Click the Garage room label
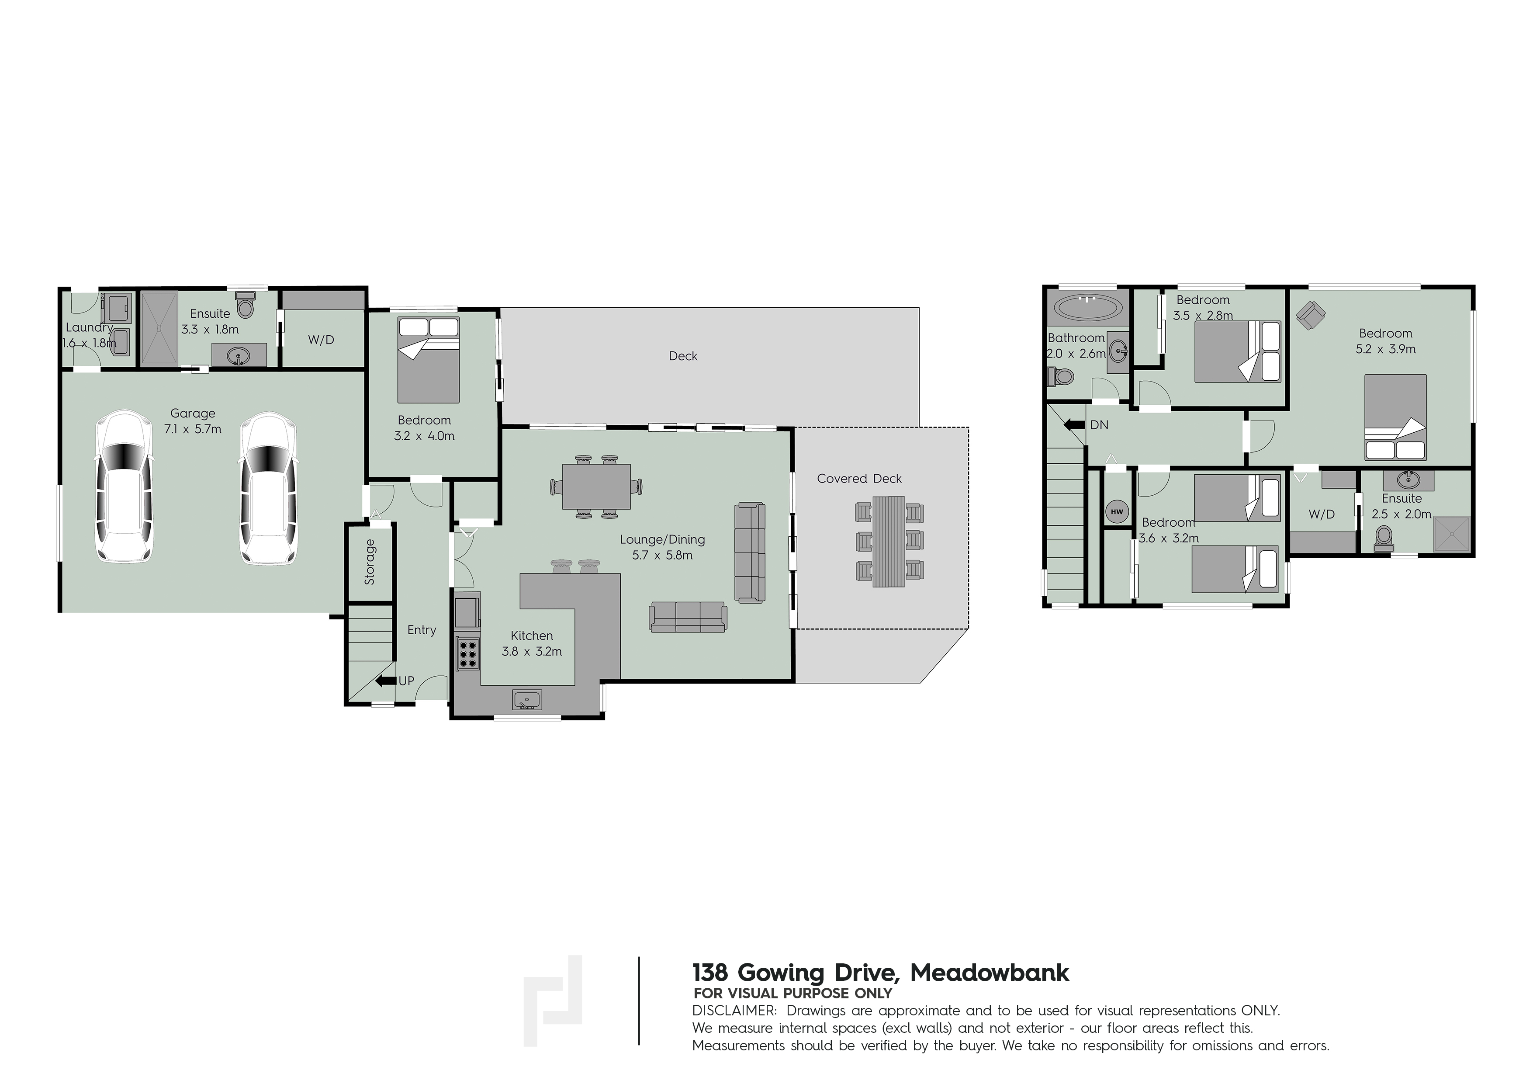click(193, 413)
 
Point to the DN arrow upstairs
click(1075, 424)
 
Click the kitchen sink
click(527, 700)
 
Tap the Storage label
click(370, 562)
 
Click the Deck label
click(683, 356)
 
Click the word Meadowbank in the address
click(990, 973)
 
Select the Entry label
click(422, 630)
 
